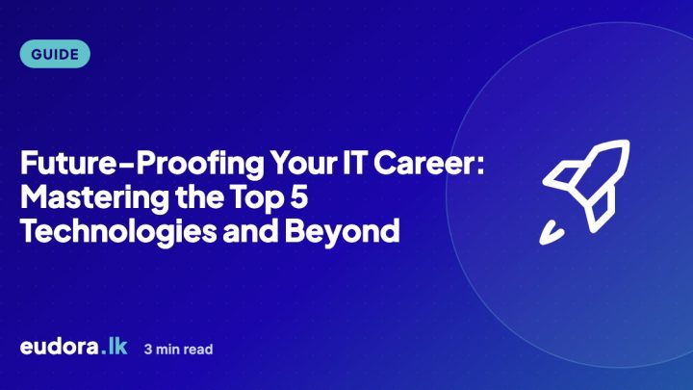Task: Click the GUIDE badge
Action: click(55, 54)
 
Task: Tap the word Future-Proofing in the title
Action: click(142, 165)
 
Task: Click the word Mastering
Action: click(94, 198)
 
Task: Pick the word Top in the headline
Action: click(256, 198)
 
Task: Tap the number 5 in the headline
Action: click(298, 196)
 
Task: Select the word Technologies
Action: click(118, 232)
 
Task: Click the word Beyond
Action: click(342, 232)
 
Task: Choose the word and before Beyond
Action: click(250, 231)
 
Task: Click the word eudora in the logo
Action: click(60, 347)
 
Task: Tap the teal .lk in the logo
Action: click(114, 347)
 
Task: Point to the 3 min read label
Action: click(179, 350)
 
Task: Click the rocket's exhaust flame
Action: click(552, 233)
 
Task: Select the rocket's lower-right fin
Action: click(601, 209)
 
